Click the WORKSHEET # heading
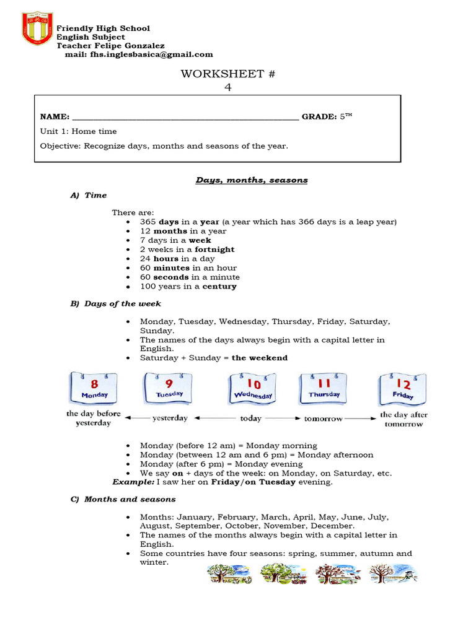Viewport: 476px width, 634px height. click(x=227, y=74)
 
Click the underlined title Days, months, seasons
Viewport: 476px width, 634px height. click(x=252, y=180)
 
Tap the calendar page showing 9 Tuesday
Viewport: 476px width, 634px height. click(x=169, y=387)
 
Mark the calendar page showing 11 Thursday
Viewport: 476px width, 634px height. click(x=324, y=388)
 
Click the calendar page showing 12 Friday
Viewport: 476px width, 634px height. click(x=403, y=388)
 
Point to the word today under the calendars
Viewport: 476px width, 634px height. click(x=250, y=419)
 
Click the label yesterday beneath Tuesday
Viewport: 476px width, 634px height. click(x=170, y=419)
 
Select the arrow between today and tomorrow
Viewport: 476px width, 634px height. click(x=283, y=419)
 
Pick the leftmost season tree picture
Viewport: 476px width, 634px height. click(x=229, y=573)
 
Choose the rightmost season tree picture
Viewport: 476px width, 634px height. click(x=393, y=573)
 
